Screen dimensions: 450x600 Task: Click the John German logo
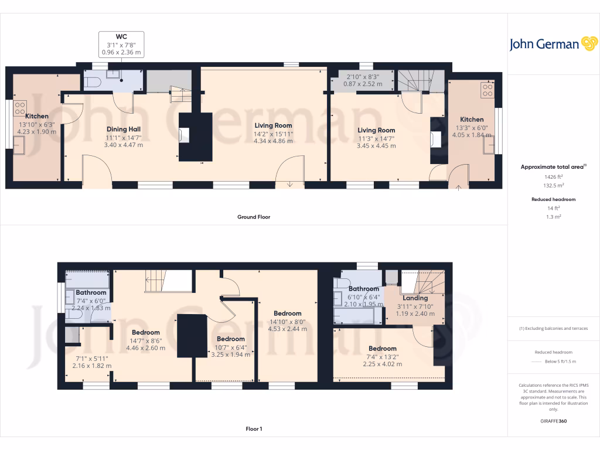(x=553, y=44)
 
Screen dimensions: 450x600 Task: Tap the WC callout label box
(x=121, y=45)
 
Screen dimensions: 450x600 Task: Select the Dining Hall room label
(x=123, y=129)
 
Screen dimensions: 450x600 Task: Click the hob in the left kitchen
(x=20, y=108)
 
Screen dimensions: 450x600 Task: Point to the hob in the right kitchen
(x=487, y=90)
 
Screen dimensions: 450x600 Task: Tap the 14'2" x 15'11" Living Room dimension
(x=273, y=134)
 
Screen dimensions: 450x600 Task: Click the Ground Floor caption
(x=254, y=217)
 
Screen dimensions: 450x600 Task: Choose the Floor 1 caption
(x=254, y=429)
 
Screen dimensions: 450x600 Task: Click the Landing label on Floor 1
(x=415, y=298)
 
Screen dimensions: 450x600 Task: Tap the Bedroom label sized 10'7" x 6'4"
(x=231, y=339)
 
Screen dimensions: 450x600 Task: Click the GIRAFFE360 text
(x=554, y=421)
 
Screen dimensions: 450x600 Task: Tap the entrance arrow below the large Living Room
(x=290, y=185)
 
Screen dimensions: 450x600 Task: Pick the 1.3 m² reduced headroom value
(x=554, y=216)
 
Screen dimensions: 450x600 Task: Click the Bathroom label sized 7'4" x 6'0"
(x=91, y=292)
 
